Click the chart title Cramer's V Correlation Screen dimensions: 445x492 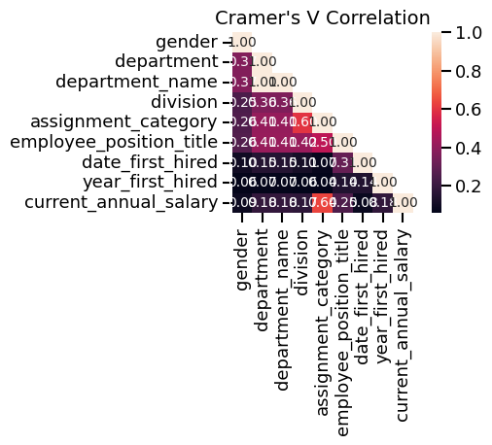click(323, 17)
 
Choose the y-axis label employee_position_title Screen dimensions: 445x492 click(116, 143)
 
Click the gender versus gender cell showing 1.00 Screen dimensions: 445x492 click(242, 42)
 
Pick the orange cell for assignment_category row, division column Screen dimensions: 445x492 click(302, 122)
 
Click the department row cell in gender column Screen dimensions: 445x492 click(242, 62)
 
